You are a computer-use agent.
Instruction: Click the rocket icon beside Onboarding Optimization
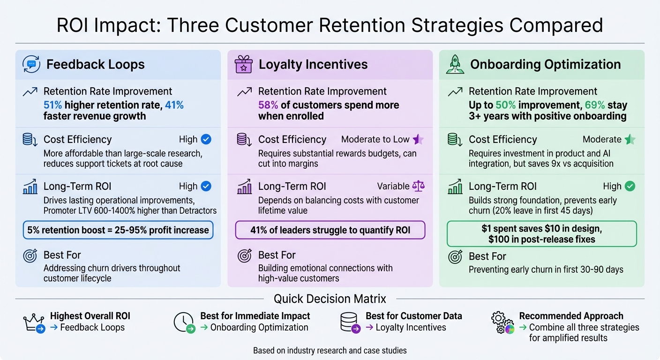[455, 65]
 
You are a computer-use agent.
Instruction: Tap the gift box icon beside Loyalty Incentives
[243, 65]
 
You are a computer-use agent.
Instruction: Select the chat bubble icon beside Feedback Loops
[31, 64]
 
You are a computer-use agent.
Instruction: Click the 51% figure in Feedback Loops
[53, 105]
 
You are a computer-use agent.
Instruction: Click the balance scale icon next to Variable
[418, 186]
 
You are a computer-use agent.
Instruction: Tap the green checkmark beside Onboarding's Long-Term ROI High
[630, 186]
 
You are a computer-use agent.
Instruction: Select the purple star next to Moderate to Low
[418, 139]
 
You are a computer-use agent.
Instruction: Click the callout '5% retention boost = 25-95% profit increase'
[118, 230]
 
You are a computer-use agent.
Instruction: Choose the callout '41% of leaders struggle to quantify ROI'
[330, 230]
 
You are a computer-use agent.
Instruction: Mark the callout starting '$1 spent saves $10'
[541, 234]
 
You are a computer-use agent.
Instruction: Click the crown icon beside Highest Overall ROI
[33, 322]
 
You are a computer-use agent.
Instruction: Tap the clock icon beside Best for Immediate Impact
[183, 322]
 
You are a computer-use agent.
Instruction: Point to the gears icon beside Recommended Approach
[502, 322]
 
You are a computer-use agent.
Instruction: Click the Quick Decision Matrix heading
[330, 299]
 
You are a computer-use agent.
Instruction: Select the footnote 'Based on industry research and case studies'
[330, 351]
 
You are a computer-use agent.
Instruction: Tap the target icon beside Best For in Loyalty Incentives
[244, 255]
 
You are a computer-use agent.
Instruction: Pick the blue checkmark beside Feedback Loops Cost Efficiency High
[206, 139]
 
